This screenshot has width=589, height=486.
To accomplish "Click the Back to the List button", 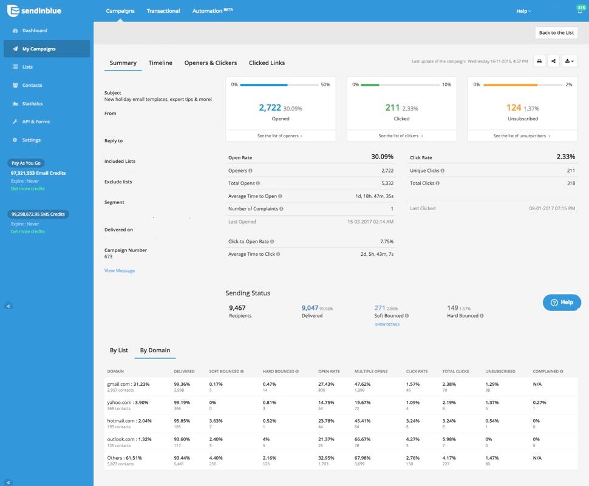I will (x=556, y=33).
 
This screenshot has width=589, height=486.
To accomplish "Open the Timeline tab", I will (x=160, y=63).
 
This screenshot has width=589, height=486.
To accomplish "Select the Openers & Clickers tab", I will (x=211, y=63).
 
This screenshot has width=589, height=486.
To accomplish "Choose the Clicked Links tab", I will (x=267, y=63).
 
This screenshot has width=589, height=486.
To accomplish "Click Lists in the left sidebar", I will (x=27, y=67).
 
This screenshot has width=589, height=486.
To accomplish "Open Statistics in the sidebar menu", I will (x=32, y=103).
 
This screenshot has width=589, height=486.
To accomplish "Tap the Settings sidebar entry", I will (x=31, y=140).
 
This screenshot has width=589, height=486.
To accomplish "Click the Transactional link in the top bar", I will (x=163, y=11).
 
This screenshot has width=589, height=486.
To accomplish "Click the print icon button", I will (x=539, y=61).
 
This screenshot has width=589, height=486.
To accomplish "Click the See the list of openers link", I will (x=280, y=136).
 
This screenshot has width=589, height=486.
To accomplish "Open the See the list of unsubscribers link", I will (x=522, y=136).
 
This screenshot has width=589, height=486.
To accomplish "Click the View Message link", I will (x=120, y=270).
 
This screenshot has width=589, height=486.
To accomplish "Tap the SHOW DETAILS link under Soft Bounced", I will (x=387, y=324).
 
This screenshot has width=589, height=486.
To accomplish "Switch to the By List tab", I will (x=118, y=350).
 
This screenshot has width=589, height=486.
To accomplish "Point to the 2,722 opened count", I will (x=270, y=108).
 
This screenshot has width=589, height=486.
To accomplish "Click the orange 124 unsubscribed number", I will (x=514, y=108).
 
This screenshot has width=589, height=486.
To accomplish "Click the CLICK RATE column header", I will (x=417, y=371).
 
